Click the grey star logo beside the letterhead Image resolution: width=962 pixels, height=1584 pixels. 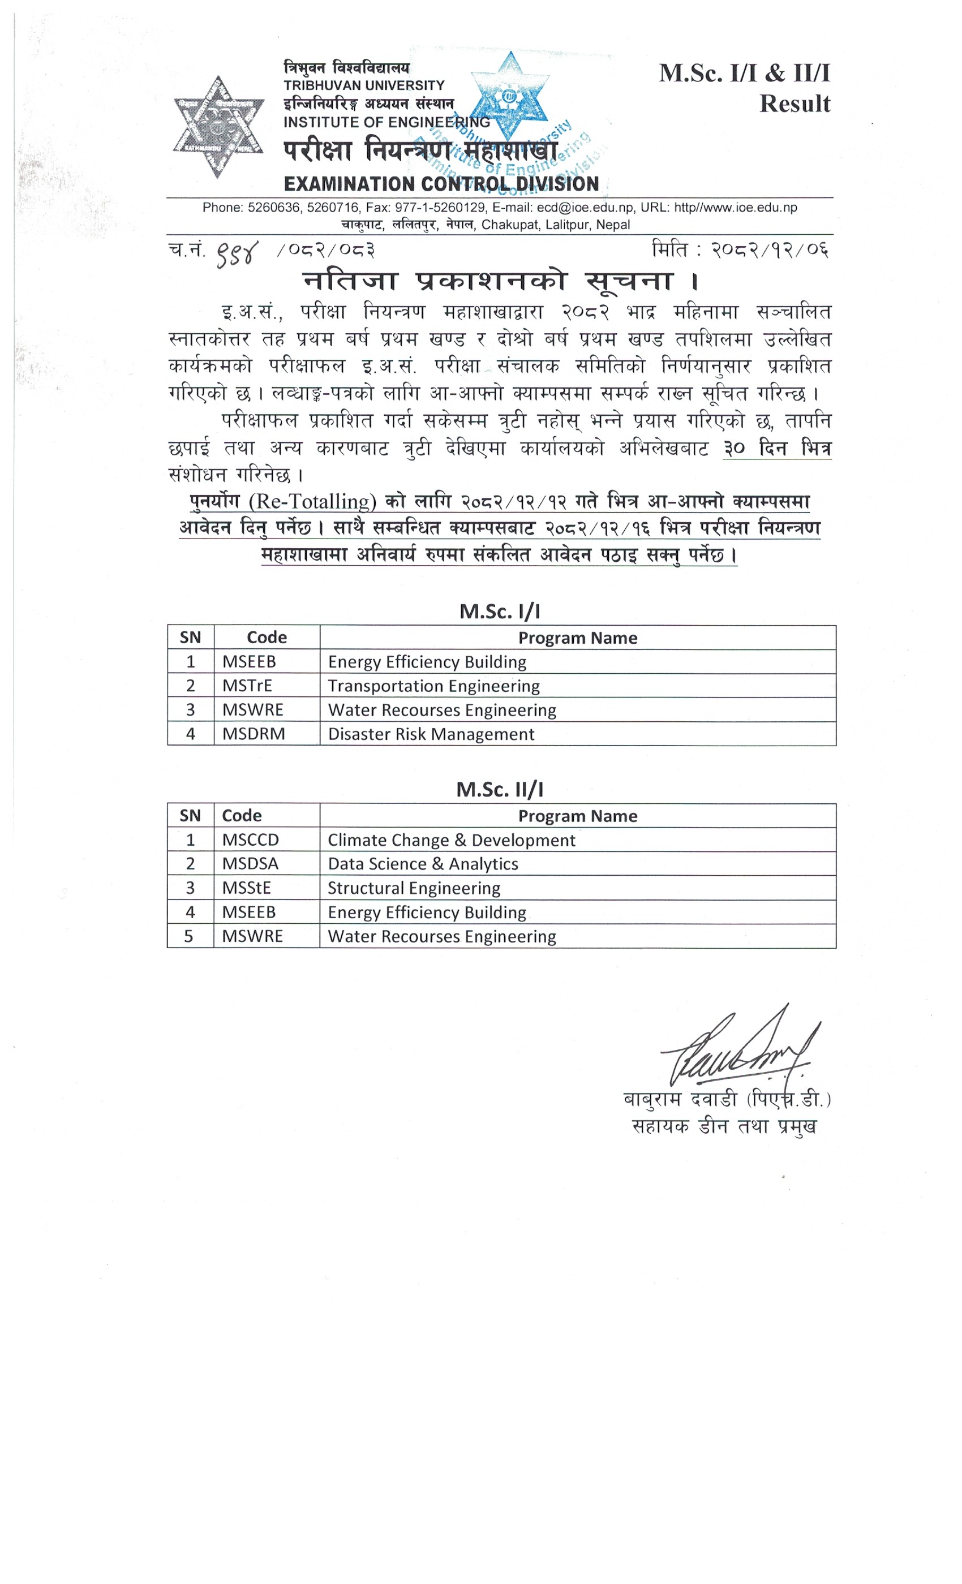pyautogui.click(x=218, y=127)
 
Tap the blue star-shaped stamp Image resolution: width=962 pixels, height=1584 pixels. pyautogui.click(x=510, y=96)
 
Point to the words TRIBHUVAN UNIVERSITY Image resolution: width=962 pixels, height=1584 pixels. pyautogui.click(x=364, y=85)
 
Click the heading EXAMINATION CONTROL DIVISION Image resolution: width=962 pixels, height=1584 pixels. pyautogui.click(x=441, y=184)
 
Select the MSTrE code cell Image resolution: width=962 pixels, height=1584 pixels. pyautogui.click(x=247, y=686)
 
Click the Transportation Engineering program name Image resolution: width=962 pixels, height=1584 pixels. pyautogui.click(x=433, y=686)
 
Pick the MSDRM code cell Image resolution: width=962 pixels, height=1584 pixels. pyautogui.click(x=254, y=734)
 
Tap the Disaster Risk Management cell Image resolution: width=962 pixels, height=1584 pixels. pyautogui.click(x=431, y=734)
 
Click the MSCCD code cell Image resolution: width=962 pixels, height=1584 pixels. pyautogui.click(x=250, y=840)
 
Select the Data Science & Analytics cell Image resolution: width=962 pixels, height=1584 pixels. pyautogui.click(x=423, y=864)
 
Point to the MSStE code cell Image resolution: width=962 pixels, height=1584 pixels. pyautogui.click(x=246, y=888)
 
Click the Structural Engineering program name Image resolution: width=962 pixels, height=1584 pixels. pyautogui.click(x=414, y=888)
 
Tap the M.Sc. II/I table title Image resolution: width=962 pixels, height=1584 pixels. pyautogui.click(x=500, y=789)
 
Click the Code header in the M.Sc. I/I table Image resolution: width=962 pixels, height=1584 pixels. pyautogui.click(x=266, y=638)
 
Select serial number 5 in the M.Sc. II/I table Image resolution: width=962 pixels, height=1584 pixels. pyautogui.click(x=189, y=937)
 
